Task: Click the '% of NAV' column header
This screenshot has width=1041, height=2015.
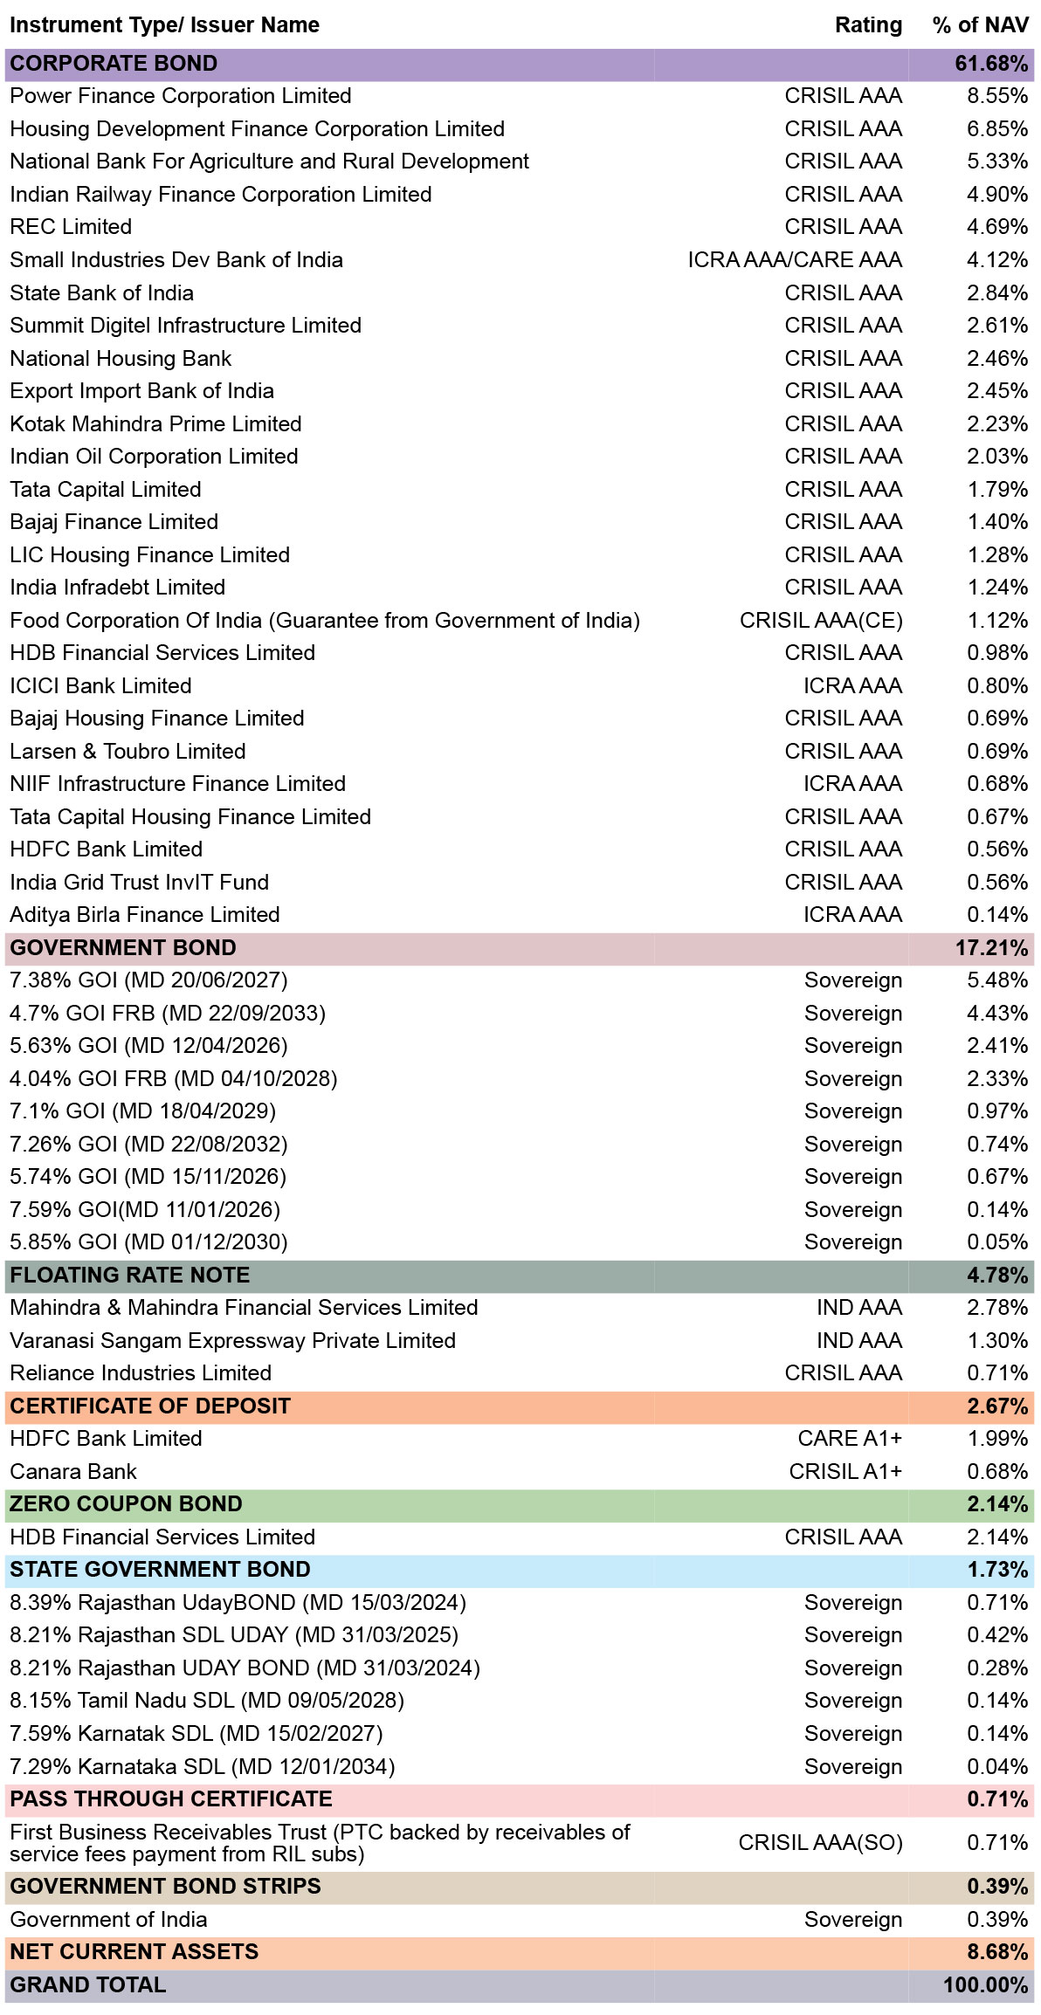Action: (x=980, y=25)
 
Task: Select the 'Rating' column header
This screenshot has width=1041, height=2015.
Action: (x=868, y=25)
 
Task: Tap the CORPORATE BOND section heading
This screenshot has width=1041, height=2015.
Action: (x=114, y=64)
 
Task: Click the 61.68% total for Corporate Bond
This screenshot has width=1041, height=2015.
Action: (x=991, y=64)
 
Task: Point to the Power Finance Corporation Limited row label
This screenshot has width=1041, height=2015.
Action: (x=181, y=96)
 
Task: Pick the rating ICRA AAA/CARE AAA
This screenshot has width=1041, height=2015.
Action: (x=795, y=260)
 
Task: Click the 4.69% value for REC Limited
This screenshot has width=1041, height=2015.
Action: (x=997, y=227)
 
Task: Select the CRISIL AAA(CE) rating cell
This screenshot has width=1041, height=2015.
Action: (x=821, y=621)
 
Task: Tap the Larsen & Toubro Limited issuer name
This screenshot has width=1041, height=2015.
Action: (x=128, y=752)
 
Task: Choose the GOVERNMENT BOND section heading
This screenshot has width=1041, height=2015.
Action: (x=123, y=948)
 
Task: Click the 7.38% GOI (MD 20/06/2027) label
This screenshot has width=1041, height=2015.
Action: (x=148, y=980)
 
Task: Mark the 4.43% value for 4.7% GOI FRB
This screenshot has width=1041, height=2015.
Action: (x=997, y=1014)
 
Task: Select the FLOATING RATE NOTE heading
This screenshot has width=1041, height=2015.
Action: (x=130, y=1276)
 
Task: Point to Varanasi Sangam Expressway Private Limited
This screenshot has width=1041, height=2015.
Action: (x=233, y=1341)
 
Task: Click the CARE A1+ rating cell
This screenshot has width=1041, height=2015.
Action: (x=850, y=1439)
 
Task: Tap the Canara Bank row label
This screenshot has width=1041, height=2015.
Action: (x=73, y=1472)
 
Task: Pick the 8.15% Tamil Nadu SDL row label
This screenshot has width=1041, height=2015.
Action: (x=207, y=1701)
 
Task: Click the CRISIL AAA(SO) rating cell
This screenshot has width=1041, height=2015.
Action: (x=821, y=1843)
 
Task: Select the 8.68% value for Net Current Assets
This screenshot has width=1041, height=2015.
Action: (x=997, y=1952)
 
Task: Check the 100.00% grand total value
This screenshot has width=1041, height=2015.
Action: (x=986, y=1985)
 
